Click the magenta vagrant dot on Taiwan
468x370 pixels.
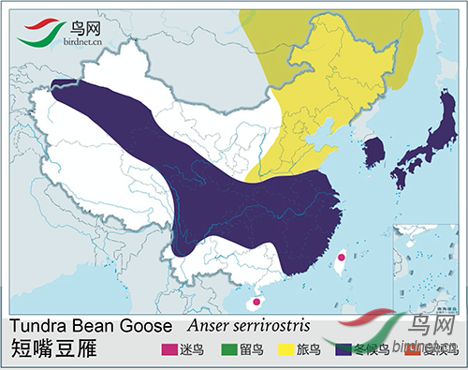pyautogui.click(x=342, y=257)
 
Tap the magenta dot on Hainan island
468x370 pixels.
pyautogui.click(x=255, y=303)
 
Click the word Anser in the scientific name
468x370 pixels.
pyautogui.click(x=212, y=327)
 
